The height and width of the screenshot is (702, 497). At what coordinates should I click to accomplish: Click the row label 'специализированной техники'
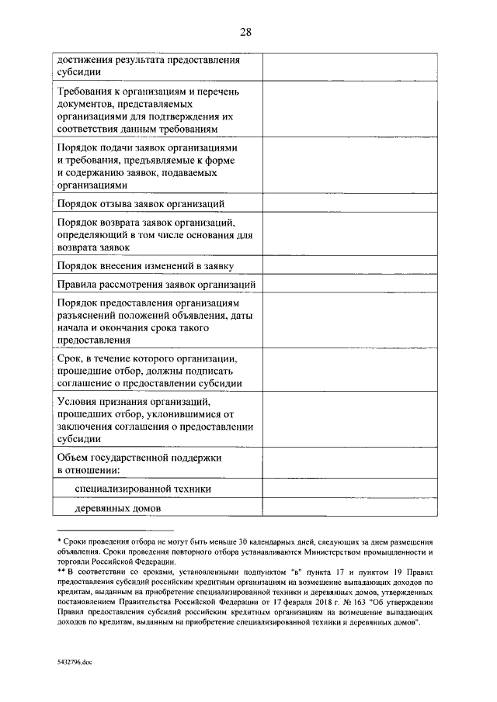pos(143,489)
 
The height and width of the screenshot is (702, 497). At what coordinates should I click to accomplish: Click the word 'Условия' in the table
pos(81,401)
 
